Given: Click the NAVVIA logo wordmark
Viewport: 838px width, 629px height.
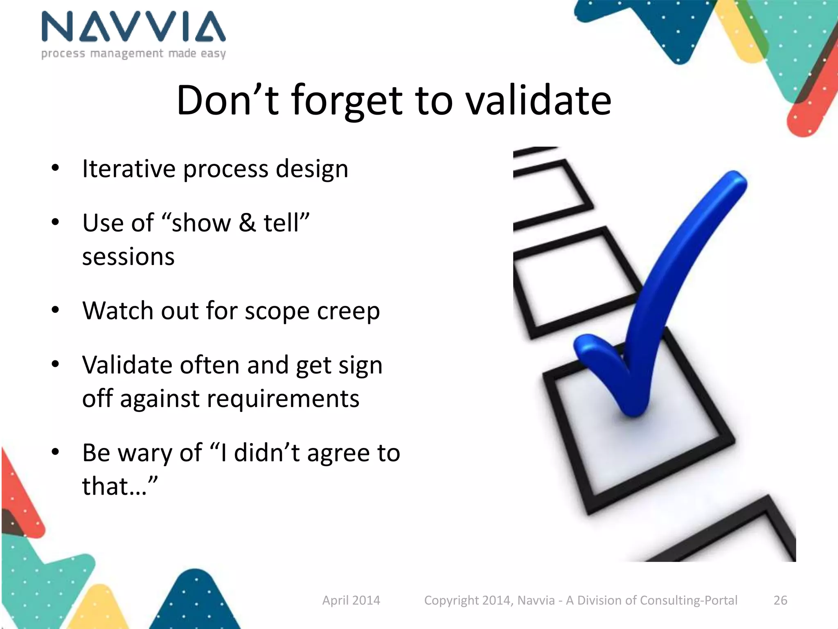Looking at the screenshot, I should pyautogui.click(x=133, y=27).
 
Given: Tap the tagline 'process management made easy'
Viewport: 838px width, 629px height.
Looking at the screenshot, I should pyautogui.click(x=133, y=54).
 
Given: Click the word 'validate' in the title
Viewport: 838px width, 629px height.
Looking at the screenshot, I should pyautogui.click(x=539, y=100).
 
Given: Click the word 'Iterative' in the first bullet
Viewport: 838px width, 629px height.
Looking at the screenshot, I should pyautogui.click(x=128, y=169).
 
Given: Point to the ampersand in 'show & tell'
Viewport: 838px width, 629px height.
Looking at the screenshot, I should pyautogui.click(x=247, y=223).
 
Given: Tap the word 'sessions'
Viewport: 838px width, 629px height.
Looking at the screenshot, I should pyautogui.click(x=128, y=257).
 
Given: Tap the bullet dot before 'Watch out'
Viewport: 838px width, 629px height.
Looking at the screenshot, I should pyautogui.click(x=56, y=310).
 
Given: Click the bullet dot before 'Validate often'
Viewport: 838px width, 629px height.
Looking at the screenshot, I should pyautogui.click(x=56, y=364).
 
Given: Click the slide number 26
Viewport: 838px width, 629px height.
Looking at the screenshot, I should pyautogui.click(x=780, y=600).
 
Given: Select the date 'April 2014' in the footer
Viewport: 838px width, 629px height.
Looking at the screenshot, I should pyautogui.click(x=351, y=600).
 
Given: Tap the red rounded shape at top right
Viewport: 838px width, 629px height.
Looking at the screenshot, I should pyautogui.click(x=808, y=115).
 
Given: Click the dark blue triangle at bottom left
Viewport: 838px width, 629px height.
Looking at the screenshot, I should pyautogui.click(x=196, y=602).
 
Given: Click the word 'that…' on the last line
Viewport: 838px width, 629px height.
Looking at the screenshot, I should pyautogui.click(x=119, y=486).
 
